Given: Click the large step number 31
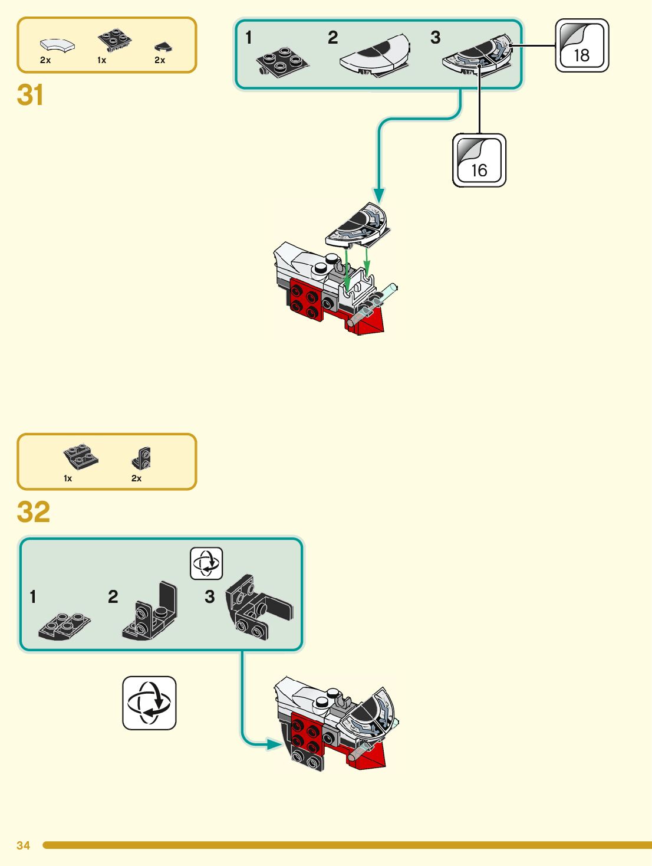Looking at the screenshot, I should point(30,95).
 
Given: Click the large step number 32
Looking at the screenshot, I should point(33,512).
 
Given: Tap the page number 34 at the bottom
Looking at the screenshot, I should point(23,845).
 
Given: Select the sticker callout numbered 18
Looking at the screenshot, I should point(582,46).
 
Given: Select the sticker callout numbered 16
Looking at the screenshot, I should point(479,160).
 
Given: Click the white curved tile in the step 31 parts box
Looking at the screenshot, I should point(57,45).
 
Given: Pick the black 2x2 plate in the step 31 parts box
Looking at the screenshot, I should point(114,40).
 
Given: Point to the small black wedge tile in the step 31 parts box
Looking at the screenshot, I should point(163,46).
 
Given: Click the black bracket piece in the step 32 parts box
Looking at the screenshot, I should point(141,458).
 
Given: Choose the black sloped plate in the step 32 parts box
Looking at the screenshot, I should point(81,457).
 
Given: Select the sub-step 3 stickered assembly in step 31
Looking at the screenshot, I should point(478,57).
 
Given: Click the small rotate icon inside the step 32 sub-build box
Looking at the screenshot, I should point(206,563).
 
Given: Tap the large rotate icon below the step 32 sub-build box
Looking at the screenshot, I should point(149,703).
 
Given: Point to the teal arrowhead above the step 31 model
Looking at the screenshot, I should point(379,195).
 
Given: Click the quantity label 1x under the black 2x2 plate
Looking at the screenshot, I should point(101,60).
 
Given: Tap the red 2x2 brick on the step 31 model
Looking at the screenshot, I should point(306,300).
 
